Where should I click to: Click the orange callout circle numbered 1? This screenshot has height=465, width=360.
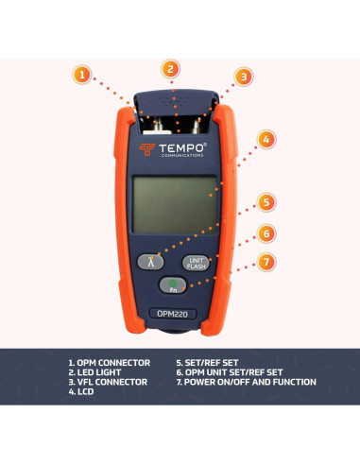pos(83,74)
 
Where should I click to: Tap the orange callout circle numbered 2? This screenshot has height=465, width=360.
pos(169,68)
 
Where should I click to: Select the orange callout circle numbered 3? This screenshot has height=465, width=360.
pos(243,77)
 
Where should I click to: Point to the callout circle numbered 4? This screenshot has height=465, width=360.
pos(268,139)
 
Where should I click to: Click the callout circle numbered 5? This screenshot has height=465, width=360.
pos(268,202)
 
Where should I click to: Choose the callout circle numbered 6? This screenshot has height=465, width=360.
pos(268,232)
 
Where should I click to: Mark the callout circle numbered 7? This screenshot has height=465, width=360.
pos(268,261)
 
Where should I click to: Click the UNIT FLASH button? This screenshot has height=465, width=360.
pos(196,263)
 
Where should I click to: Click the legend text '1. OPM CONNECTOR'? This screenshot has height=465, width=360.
pos(111,362)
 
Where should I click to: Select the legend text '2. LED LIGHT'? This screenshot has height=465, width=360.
pos(97,371)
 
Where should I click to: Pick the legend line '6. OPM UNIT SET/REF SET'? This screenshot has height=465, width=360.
pos(229,371)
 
